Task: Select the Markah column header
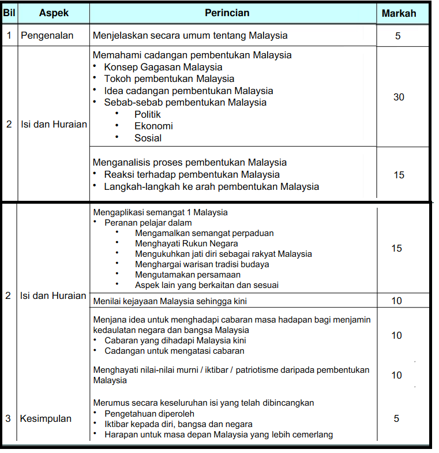coord(399,13)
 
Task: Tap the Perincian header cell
coord(227,13)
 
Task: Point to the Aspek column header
coord(54,13)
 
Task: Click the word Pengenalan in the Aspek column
coord(47,35)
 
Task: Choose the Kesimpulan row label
coord(46,418)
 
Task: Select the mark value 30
coord(399,97)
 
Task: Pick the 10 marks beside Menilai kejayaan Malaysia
coord(396,301)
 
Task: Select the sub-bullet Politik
coord(148,114)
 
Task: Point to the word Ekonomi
coord(153,126)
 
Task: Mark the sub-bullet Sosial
coord(148,138)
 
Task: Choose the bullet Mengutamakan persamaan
coord(187,275)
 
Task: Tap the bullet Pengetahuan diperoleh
coord(149,414)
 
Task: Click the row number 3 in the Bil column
coord(8,418)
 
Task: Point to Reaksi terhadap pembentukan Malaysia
coord(192,174)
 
